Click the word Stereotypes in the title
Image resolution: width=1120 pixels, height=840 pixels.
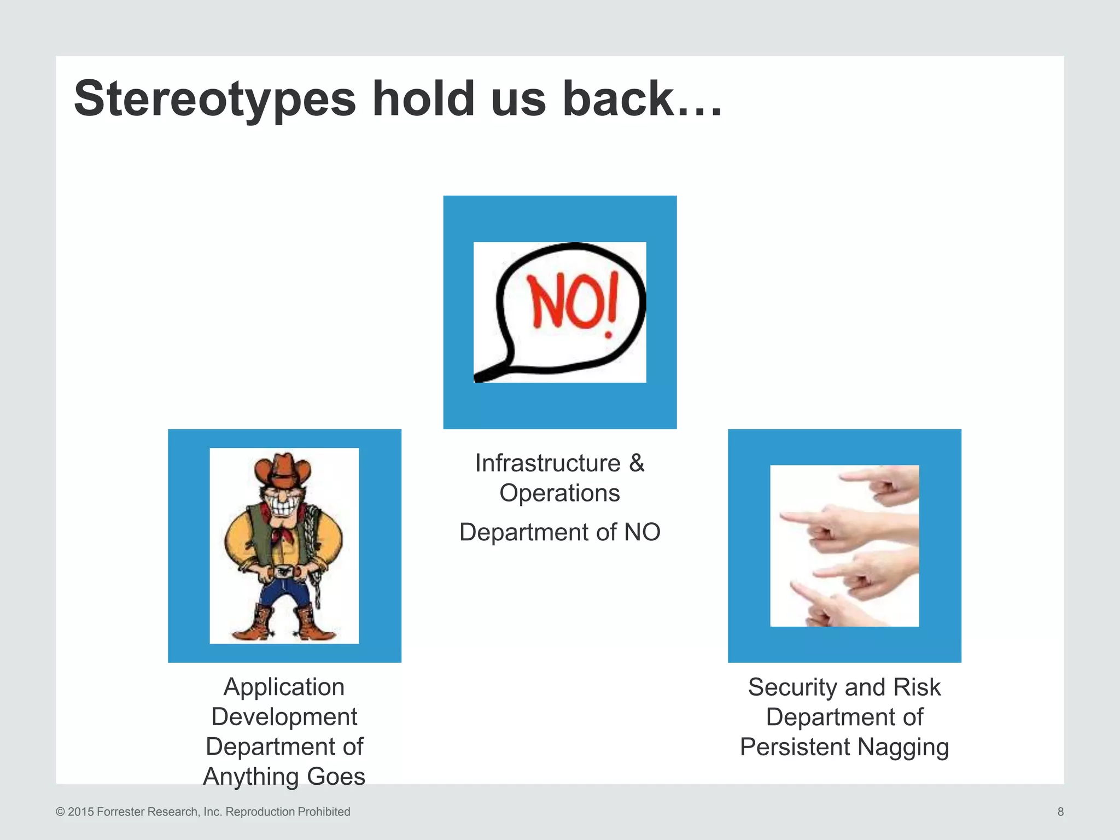pyautogui.click(x=215, y=100)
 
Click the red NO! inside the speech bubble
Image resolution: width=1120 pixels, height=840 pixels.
pyautogui.click(x=571, y=302)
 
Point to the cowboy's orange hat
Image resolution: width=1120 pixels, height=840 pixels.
pyautogui.click(x=282, y=471)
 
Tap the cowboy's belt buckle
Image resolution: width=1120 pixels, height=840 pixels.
pyautogui.click(x=283, y=573)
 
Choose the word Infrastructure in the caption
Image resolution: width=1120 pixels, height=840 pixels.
pyautogui.click(x=547, y=463)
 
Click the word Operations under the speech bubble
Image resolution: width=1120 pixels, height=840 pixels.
pyautogui.click(x=559, y=493)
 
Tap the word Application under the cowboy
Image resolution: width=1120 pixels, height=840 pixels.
pyautogui.click(x=284, y=687)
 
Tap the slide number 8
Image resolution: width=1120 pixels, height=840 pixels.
pyautogui.click(x=1060, y=812)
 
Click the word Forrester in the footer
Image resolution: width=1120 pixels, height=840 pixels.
pyautogui.click(x=121, y=812)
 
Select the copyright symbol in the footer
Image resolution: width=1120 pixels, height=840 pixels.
pyautogui.click(x=60, y=812)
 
